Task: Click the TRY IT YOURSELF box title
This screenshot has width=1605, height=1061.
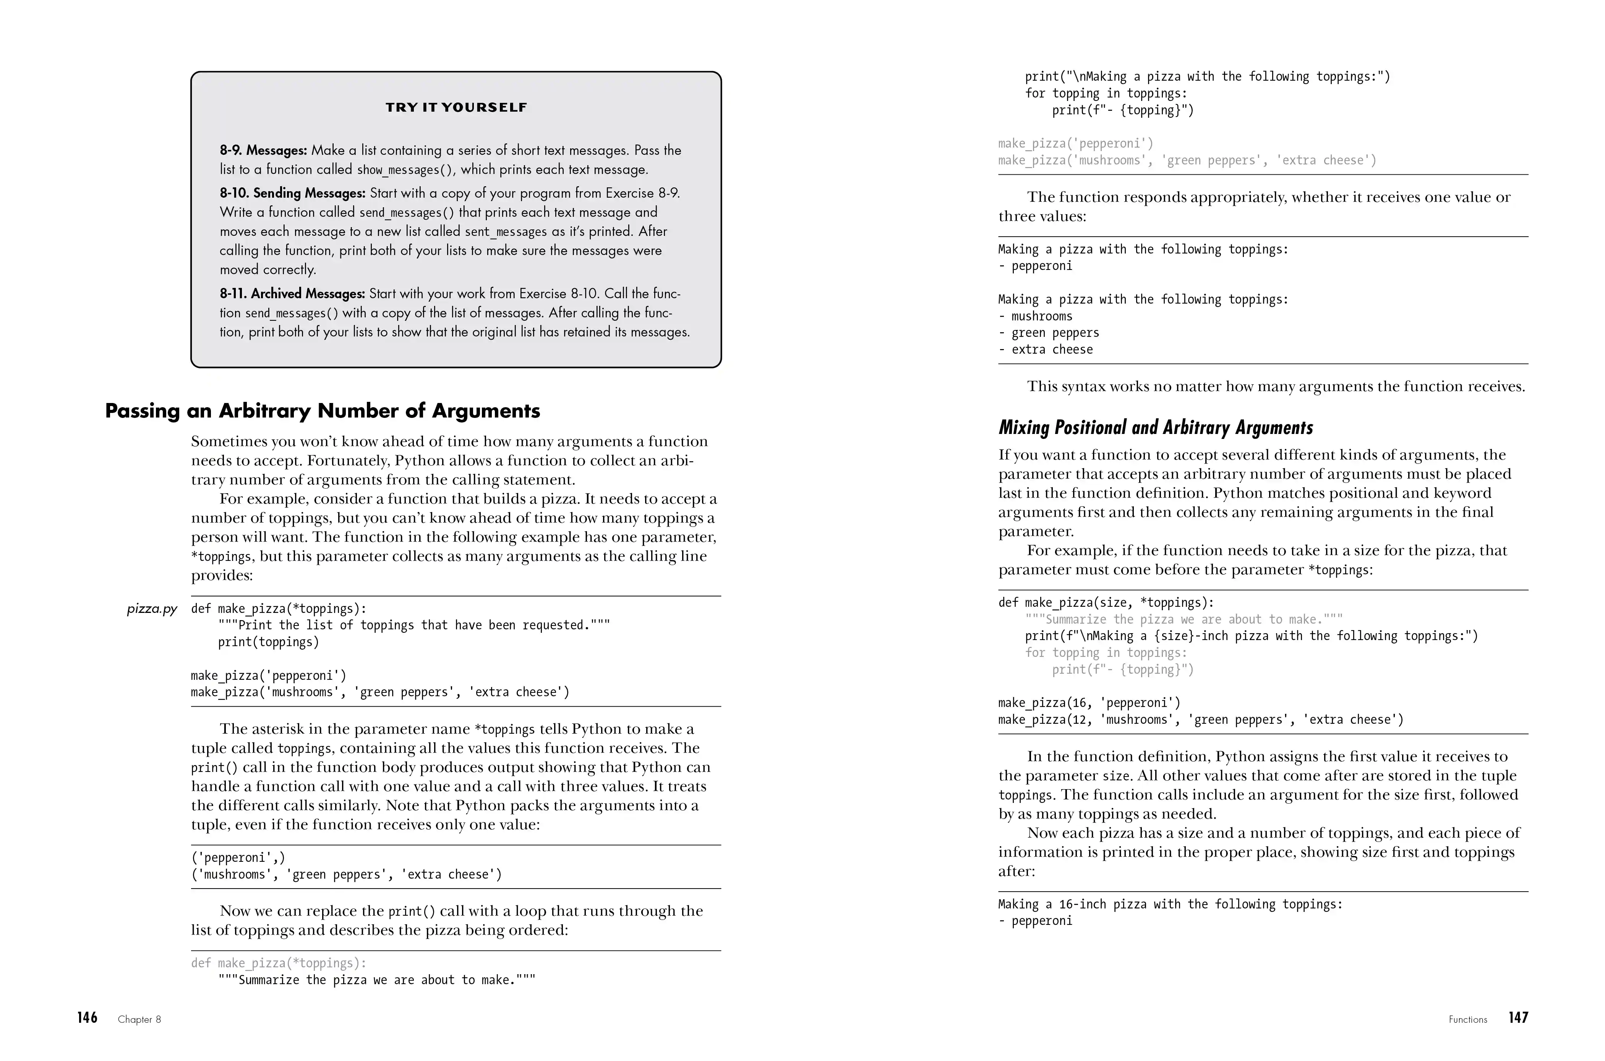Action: (456, 107)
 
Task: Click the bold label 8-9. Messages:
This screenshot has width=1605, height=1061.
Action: (263, 150)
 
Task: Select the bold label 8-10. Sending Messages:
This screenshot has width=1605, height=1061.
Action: (292, 193)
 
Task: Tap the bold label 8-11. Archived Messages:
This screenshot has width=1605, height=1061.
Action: (292, 294)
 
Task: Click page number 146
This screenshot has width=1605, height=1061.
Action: (87, 1018)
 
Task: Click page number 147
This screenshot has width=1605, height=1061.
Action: (1518, 1018)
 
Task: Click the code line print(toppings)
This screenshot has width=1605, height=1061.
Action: (268, 642)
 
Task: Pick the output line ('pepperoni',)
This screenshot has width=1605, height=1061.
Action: (238, 858)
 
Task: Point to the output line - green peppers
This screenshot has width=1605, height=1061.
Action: (1048, 333)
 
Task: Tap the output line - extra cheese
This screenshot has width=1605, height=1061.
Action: (1045, 350)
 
